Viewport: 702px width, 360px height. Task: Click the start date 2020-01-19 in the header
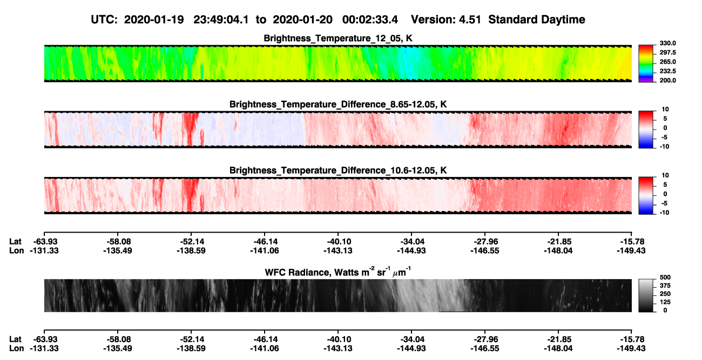click(x=154, y=20)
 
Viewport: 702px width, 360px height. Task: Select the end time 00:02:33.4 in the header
click(x=370, y=20)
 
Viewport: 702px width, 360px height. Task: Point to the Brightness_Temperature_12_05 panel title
click(x=338, y=38)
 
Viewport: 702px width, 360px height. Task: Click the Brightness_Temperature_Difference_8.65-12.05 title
click(x=338, y=104)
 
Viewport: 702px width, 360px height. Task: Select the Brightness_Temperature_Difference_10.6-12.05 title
click(x=338, y=171)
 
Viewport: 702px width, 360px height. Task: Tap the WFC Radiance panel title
click(x=338, y=272)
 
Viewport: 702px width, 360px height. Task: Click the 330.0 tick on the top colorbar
click(x=667, y=43)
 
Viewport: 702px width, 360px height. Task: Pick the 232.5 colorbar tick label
click(x=667, y=71)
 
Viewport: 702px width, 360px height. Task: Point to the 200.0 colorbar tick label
click(x=667, y=80)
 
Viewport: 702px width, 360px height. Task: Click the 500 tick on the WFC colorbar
click(x=665, y=277)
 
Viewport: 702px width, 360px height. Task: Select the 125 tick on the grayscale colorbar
click(x=665, y=302)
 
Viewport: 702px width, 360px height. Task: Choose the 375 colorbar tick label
click(x=665, y=286)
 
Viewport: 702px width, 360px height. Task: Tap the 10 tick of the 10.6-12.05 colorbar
click(x=665, y=175)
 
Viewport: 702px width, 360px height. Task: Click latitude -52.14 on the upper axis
click(x=192, y=242)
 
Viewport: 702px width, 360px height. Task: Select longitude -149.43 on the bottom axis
click(x=631, y=349)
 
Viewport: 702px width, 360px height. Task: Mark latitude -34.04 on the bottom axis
click(x=412, y=339)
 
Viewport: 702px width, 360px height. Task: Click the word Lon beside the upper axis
click(x=17, y=250)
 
